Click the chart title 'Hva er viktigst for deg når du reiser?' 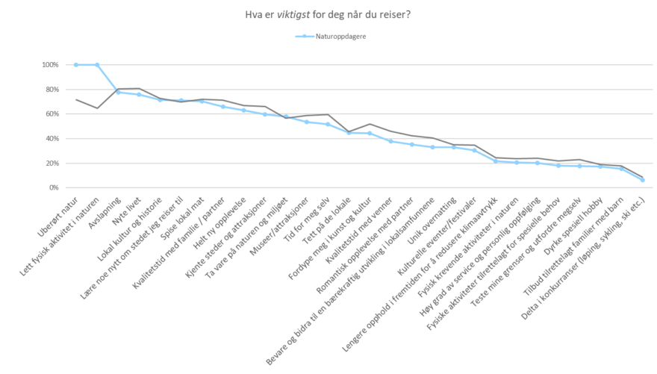(x=328, y=13)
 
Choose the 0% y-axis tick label (x=54, y=188)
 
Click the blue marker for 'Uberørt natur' (x=76, y=65)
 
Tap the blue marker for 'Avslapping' (x=118, y=92)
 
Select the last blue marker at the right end (x=642, y=180)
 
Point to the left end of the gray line (x=76, y=99)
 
